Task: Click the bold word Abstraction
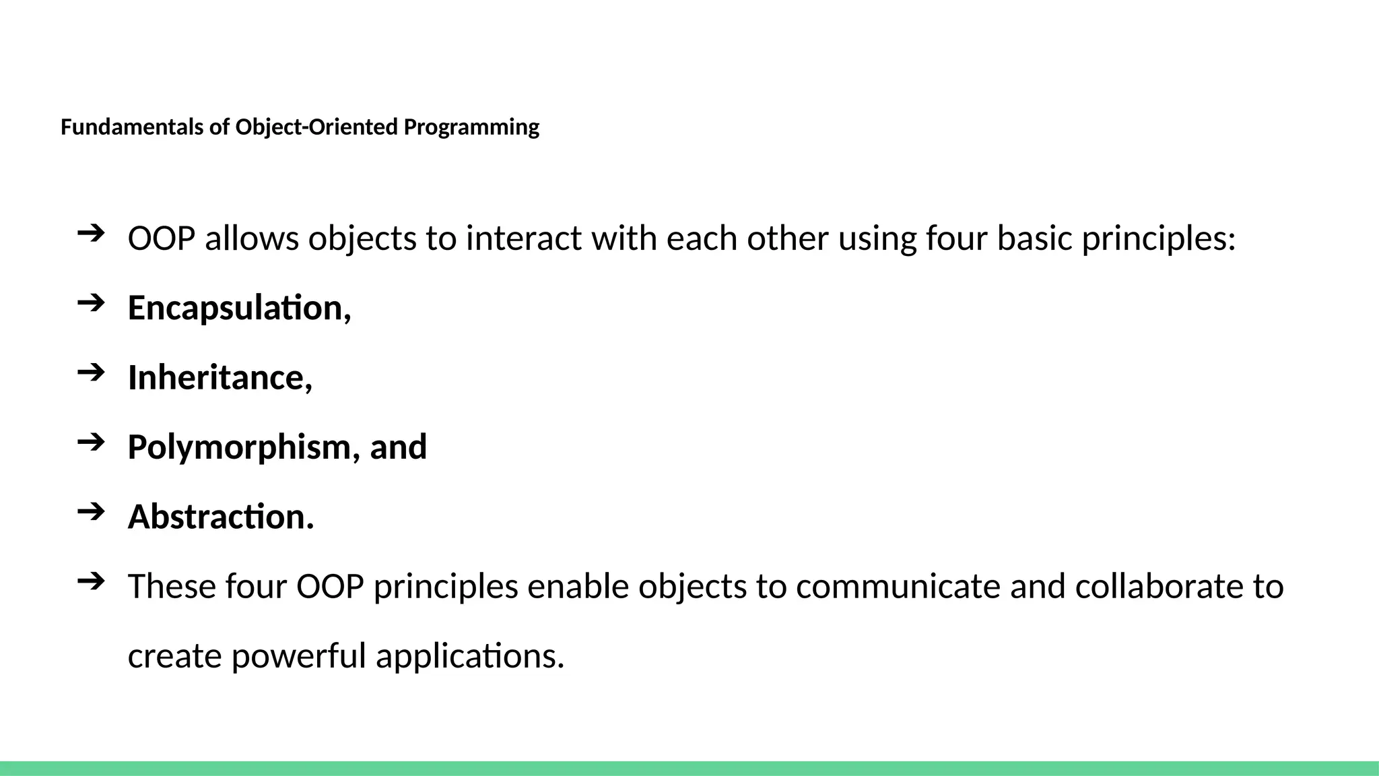[x=220, y=517]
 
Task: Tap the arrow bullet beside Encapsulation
[x=91, y=303]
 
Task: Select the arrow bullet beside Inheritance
[x=91, y=373]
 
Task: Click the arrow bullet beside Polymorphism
[x=91, y=443]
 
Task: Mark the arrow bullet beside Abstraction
[x=91, y=512]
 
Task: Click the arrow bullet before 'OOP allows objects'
[x=91, y=234]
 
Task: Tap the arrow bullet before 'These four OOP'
[x=91, y=581]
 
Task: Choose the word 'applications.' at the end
[x=469, y=656]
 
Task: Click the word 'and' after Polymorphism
[x=399, y=447]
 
